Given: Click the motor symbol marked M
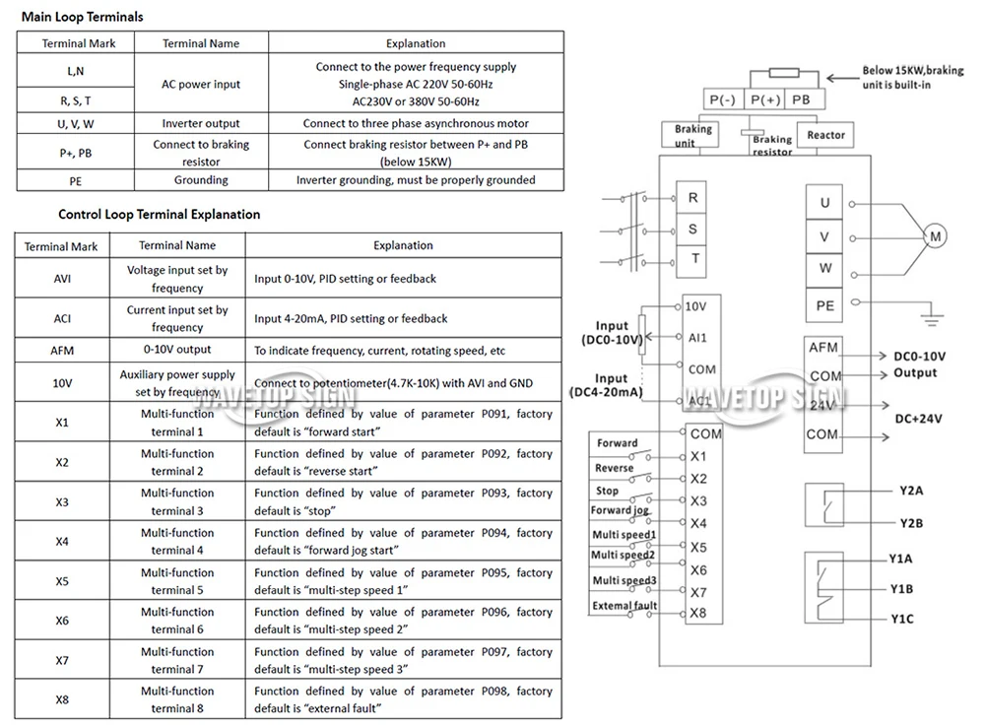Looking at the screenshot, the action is point(935,236).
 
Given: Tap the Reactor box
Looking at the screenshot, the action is point(825,135).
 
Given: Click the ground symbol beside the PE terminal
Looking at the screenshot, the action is point(932,316).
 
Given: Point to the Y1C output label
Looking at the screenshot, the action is point(902,619).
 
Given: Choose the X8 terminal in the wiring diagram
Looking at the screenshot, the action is point(698,614).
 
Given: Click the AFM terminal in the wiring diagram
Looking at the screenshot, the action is point(822,348).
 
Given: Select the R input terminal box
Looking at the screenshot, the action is point(691,198).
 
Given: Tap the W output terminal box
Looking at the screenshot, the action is point(824,268).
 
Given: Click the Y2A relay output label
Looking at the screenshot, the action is point(911,491).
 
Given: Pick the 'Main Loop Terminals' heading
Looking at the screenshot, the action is point(83,17).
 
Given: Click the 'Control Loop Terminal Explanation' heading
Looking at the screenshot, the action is point(159,215).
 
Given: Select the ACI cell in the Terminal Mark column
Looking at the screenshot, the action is point(62,318).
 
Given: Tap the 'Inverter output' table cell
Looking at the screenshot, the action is point(201,124).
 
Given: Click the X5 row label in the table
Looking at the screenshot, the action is point(62,581).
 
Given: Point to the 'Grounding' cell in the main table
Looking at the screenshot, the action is point(201,180).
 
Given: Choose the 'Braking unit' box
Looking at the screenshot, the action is point(689,135).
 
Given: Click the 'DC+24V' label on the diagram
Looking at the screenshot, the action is point(918,419).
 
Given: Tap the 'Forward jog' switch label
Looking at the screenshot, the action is point(620,510).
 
